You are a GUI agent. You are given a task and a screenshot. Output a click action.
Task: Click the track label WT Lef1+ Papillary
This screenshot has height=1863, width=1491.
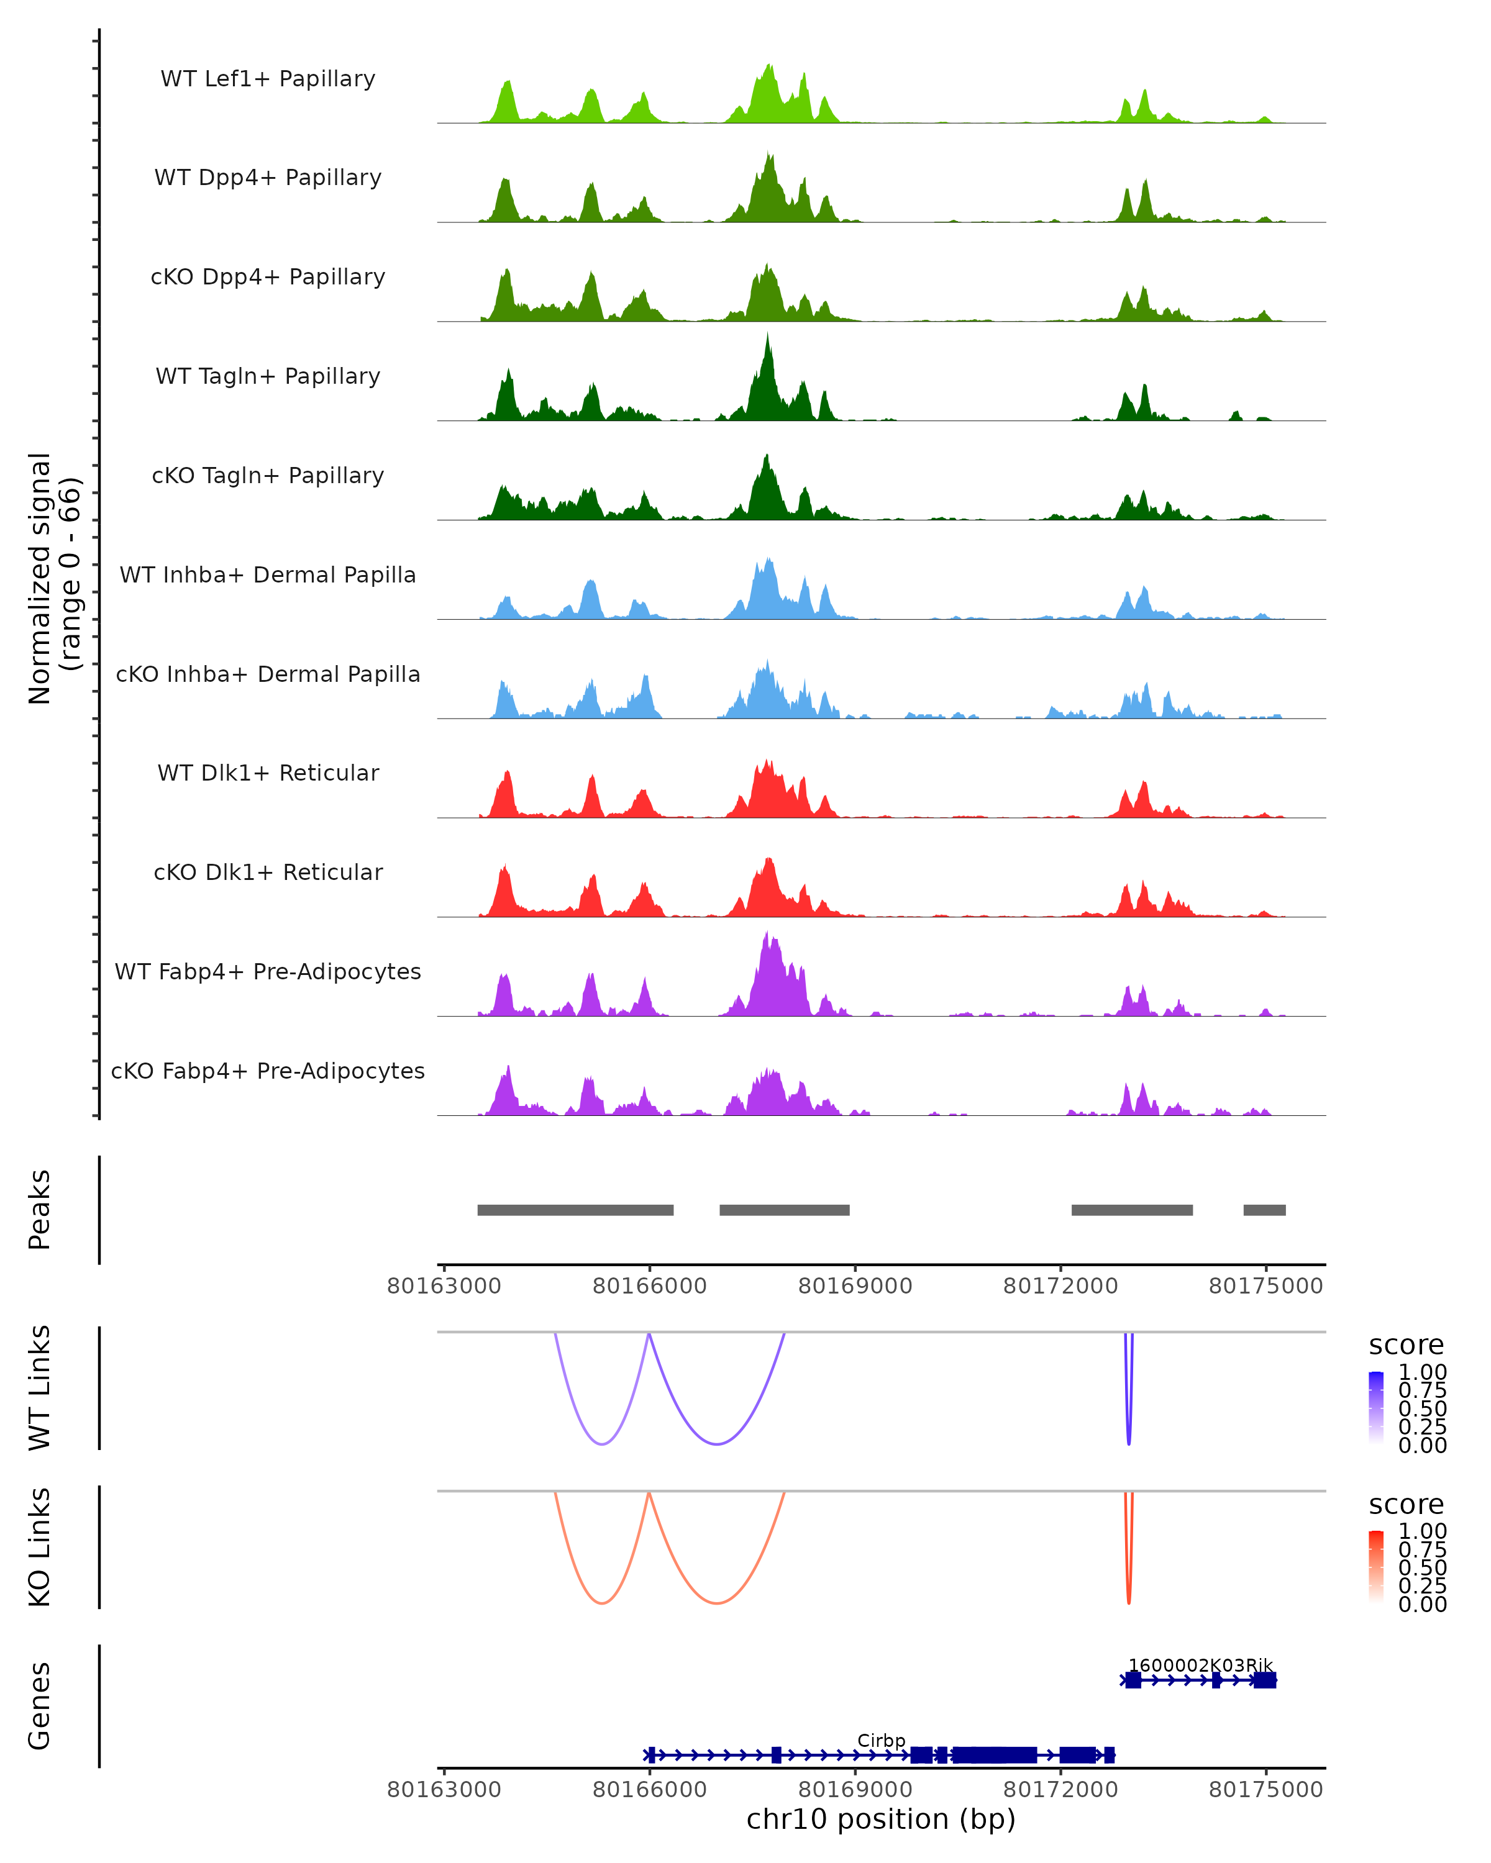click(x=268, y=79)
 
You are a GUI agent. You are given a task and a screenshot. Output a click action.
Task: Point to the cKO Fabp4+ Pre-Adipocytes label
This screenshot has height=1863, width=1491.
click(x=268, y=1071)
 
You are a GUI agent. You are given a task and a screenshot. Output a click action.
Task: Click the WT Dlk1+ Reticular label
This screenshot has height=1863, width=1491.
click(x=268, y=773)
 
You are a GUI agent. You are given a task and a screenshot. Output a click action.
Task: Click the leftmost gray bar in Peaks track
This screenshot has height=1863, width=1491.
click(x=576, y=1210)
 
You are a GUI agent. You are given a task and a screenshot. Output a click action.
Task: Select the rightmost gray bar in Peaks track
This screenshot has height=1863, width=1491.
click(x=1264, y=1210)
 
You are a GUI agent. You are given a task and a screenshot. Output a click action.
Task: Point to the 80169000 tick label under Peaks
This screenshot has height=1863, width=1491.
click(x=855, y=1286)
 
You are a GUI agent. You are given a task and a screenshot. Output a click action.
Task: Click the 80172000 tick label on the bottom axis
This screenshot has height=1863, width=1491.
click(x=1060, y=1790)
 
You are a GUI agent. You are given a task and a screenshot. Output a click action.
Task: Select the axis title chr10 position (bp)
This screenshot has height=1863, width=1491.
click(x=881, y=1820)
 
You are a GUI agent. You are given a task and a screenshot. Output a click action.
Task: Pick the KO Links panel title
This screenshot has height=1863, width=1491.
click(x=40, y=1547)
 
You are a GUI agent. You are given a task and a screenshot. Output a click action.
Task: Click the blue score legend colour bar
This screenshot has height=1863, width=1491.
click(x=1376, y=1408)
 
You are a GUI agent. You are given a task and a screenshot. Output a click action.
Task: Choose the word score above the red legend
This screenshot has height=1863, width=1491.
click(x=1407, y=1505)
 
